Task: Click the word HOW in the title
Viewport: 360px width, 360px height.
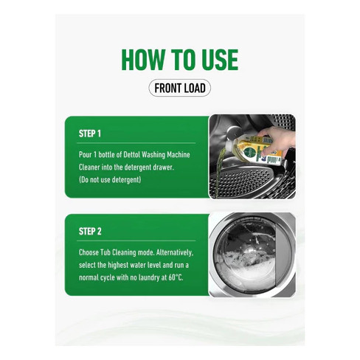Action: pyautogui.click(x=142, y=60)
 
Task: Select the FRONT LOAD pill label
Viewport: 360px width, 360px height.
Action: pyautogui.click(x=180, y=88)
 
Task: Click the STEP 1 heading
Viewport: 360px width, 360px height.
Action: pyautogui.click(x=90, y=134)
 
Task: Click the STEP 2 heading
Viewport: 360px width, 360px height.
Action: pyautogui.click(x=90, y=232)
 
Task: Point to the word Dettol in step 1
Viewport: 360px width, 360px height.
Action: pyautogui.click(x=131, y=155)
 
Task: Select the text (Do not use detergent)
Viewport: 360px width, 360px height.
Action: pyautogui.click(x=110, y=180)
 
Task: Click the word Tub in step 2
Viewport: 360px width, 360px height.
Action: pyautogui.click(x=105, y=252)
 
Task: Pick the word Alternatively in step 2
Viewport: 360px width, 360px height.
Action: pyautogui.click(x=175, y=253)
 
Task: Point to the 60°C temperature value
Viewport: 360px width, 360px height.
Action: pyautogui.click(x=176, y=277)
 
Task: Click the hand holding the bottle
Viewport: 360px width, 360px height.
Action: pyautogui.click(x=280, y=140)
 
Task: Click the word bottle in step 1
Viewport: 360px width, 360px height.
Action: pyautogui.click(x=107, y=155)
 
